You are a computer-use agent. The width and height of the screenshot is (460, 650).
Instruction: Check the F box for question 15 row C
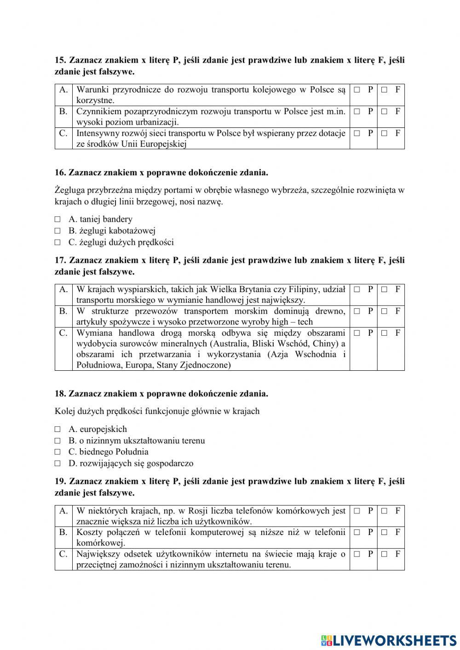pyautogui.click(x=384, y=133)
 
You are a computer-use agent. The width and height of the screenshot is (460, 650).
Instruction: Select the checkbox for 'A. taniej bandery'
pyautogui.click(x=57, y=219)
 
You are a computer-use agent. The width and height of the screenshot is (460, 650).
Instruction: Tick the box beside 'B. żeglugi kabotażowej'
pyautogui.click(x=57, y=231)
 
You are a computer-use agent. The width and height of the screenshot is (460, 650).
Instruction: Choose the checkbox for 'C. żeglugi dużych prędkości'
pyautogui.click(x=57, y=242)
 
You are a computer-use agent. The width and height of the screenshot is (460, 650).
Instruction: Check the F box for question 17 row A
pyautogui.click(x=384, y=289)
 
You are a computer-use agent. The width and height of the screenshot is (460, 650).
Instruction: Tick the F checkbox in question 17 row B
pyautogui.click(x=384, y=311)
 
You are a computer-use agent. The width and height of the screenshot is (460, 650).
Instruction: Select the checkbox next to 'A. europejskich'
pyautogui.click(x=57, y=429)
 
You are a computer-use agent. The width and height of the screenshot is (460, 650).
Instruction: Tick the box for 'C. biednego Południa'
pyautogui.click(x=57, y=452)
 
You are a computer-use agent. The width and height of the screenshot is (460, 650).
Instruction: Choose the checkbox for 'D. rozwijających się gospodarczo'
pyautogui.click(x=57, y=463)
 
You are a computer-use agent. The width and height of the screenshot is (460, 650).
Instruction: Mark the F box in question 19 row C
pyautogui.click(x=384, y=554)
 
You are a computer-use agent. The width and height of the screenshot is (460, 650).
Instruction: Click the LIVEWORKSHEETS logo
pyautogui.click(x=388, y=640)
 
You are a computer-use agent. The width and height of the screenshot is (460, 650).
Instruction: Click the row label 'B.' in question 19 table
pyautogui.click(x=63, y=532)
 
